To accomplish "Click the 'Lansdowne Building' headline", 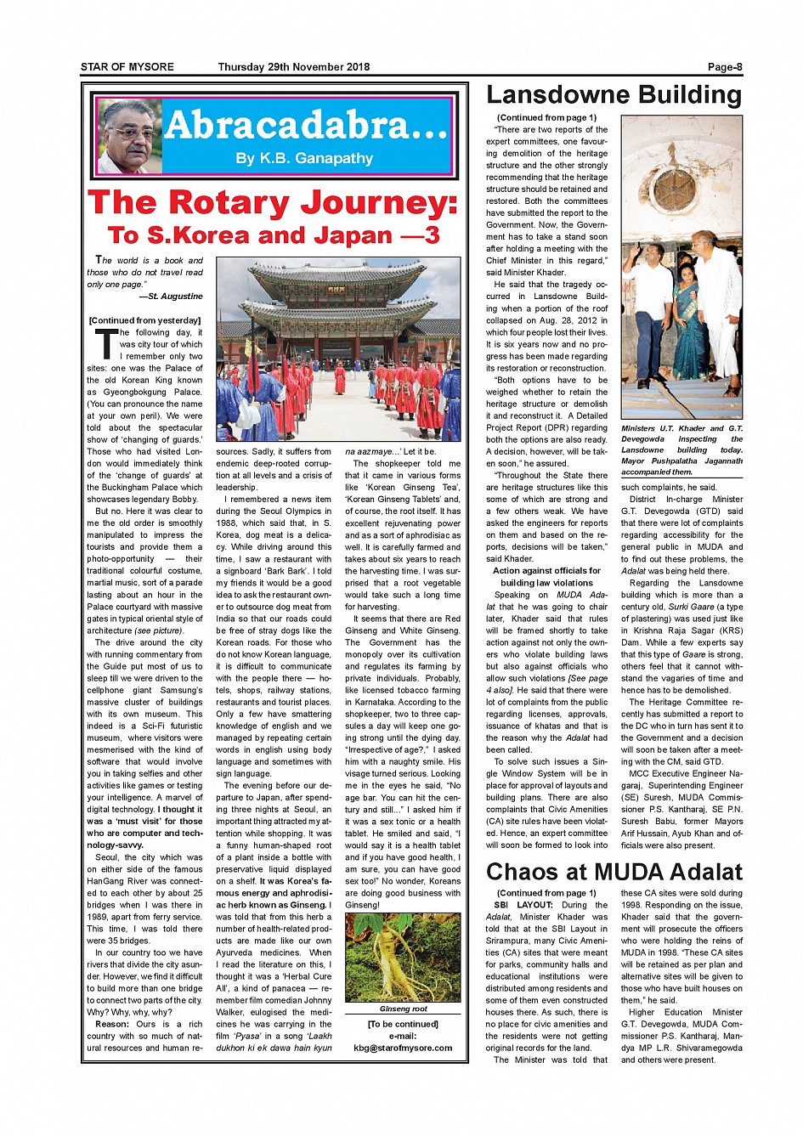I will (614, 95).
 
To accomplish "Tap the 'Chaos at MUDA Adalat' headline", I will (614, 873).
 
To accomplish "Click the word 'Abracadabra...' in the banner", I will (306, 126).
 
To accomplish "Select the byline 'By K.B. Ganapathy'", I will (304, 159).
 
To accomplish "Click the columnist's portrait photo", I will (129, 136).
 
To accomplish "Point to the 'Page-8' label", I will (725, 67).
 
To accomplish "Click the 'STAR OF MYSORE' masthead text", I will (127, 67).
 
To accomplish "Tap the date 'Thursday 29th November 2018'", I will (294, 67).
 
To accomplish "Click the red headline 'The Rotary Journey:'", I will (273, 203).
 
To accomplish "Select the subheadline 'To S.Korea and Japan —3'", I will (274, 235).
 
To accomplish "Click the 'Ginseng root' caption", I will (403, 1009).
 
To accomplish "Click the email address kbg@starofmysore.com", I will (403, 1048).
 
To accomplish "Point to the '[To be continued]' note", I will (403, 1024).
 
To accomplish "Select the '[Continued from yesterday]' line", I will (145, 320).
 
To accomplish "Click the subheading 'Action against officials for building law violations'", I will (546, 577).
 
